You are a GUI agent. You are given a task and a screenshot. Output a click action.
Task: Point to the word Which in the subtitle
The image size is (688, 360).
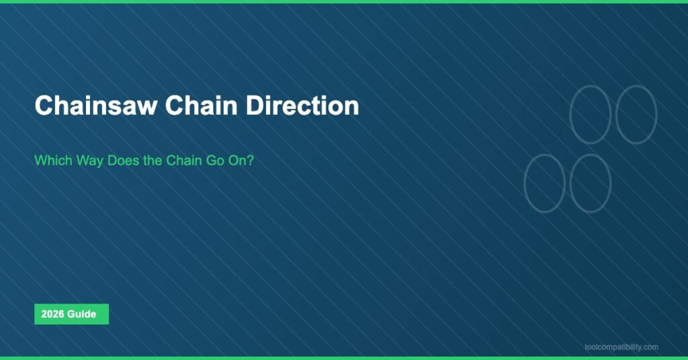(x=52, y=161)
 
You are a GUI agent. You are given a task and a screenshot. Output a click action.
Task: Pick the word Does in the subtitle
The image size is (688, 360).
(x=126, y=161)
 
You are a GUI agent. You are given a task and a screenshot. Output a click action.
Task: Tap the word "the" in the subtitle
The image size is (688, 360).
(x=154, y=161)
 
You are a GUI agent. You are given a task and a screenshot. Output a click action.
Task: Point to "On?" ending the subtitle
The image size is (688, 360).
(x=240, y=161)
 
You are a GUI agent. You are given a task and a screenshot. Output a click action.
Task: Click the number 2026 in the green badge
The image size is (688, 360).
(x=52, y=314)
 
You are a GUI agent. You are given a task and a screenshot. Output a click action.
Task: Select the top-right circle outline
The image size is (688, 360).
(x=636, y=114)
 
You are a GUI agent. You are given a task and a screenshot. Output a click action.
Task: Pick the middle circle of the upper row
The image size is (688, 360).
(x=590, y=114)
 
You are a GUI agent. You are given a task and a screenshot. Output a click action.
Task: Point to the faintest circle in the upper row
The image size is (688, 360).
(x=544, y=114)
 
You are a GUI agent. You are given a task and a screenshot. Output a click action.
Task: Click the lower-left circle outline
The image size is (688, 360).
(x=544, y=183)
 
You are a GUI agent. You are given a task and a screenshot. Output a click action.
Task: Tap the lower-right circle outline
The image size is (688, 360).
(x=590, y=183)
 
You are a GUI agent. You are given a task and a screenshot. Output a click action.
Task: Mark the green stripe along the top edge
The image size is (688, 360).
(x=344, y=1)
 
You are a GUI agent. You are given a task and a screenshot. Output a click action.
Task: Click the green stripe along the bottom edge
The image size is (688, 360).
(x=344, y=358)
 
